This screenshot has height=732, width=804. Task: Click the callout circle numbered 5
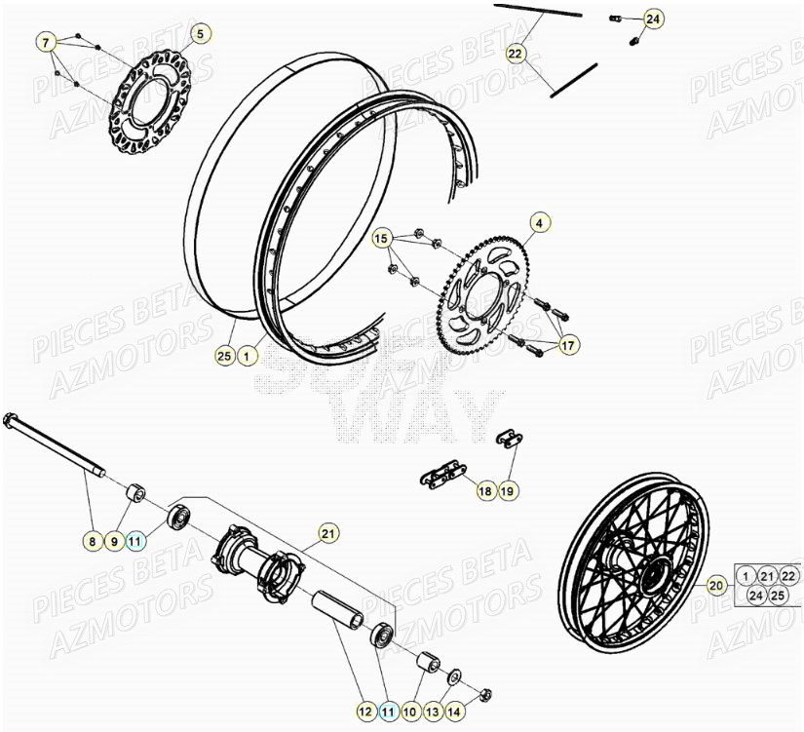(x=200, y=34)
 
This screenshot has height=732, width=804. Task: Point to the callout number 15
(x=381, y=239)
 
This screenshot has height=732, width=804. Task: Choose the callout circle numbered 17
(x=568, y=344)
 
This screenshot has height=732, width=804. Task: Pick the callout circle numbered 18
(x=485, y=492)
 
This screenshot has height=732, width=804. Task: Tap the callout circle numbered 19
(x=507, y=492)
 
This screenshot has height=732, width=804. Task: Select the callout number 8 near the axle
(x=93, y=541)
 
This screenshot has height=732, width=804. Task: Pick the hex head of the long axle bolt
(x=13, y=420)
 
